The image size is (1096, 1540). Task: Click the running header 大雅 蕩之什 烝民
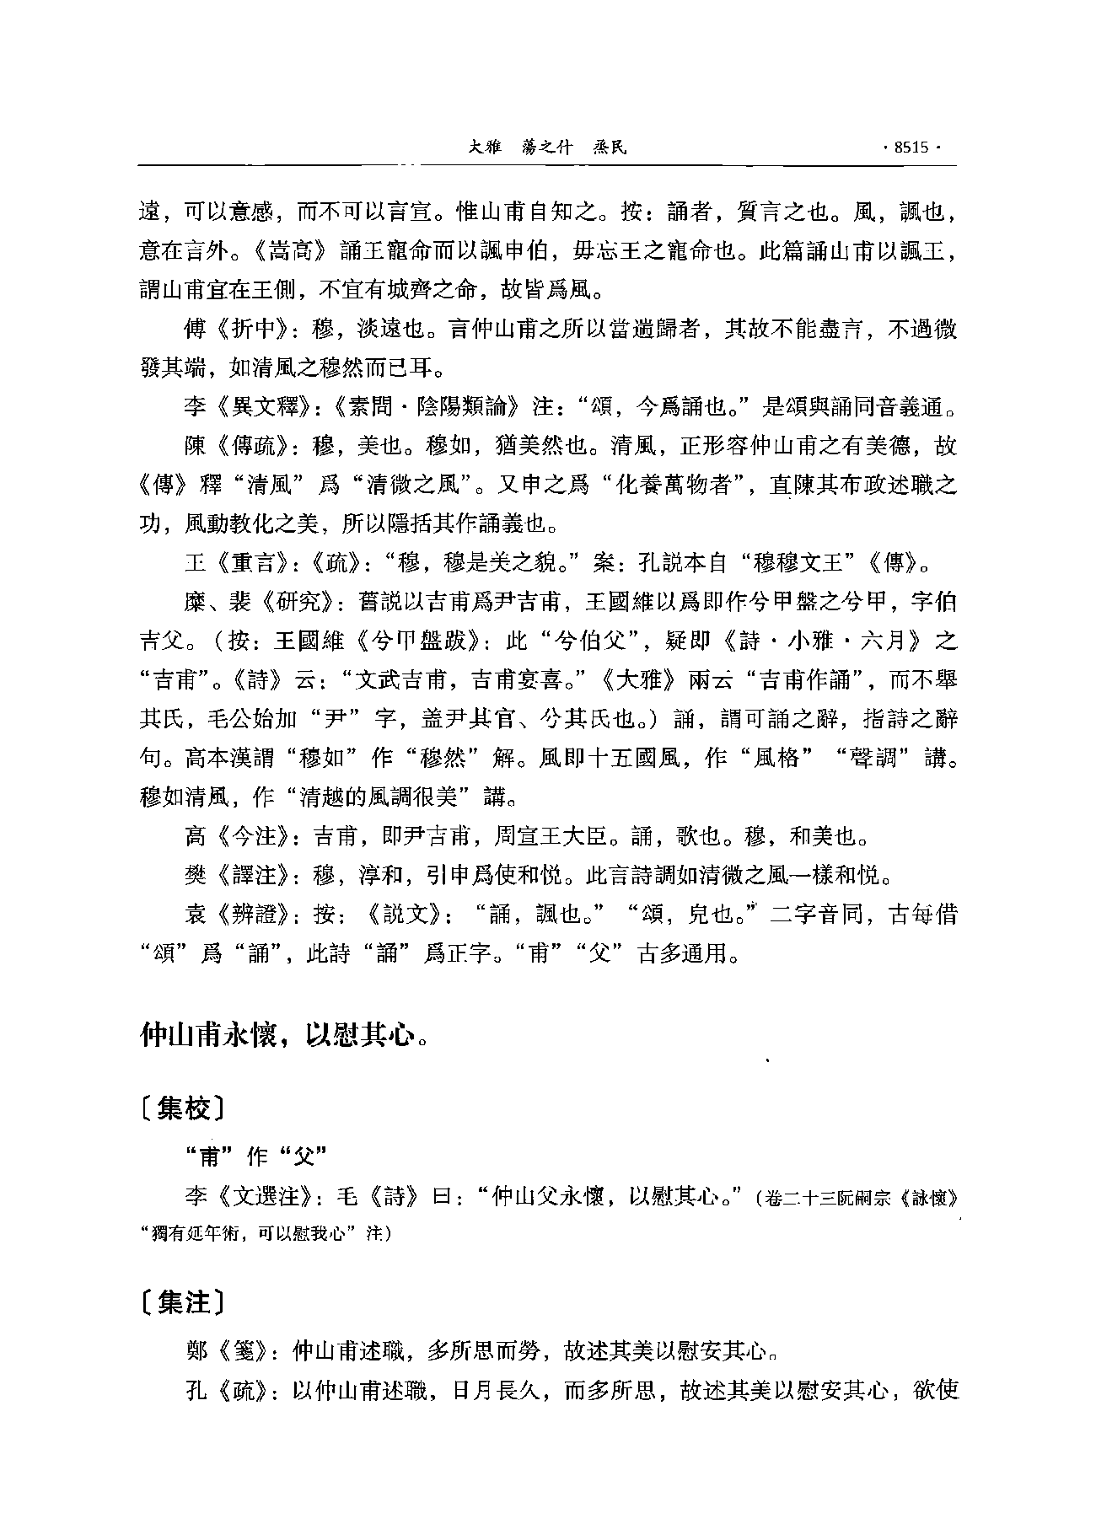tap(548, 148)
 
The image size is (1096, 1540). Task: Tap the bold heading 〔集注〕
tap(181, 1302)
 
